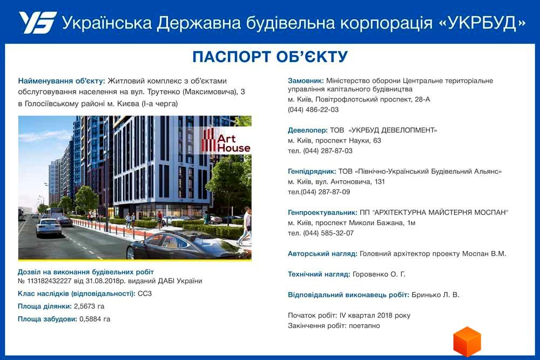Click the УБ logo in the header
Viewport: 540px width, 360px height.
click(38, 22)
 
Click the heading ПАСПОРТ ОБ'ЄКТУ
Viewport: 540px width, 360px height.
click(270, 57)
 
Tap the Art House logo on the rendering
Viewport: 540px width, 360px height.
click(226, 140)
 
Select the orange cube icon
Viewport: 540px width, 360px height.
click(467, 342)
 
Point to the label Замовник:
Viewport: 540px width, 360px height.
click(306, 81)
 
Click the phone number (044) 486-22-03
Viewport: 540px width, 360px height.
click(313, 110)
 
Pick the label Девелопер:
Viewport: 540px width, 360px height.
click(308, 131)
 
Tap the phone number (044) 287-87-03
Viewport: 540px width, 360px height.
click(328, 151)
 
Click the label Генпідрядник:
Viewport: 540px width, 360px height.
click(312, 172)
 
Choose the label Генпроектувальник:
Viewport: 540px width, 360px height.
click(322, 213)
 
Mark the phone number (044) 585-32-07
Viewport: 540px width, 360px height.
click(328, 233)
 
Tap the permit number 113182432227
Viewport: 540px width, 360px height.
click(49, 281)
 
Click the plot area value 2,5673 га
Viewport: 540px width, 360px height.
click(89, 307)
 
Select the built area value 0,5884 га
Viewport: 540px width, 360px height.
click(94, 319)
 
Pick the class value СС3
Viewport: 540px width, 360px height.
click(145, 294)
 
